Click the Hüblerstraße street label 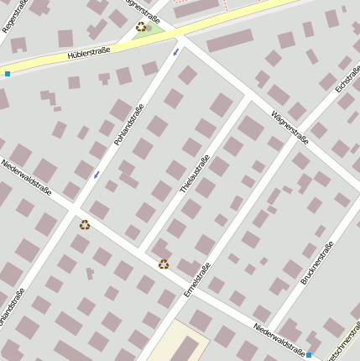94,54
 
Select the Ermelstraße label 198,280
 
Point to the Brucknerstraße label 316,263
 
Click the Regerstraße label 16,16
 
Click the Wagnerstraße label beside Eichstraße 290,127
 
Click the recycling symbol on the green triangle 140,27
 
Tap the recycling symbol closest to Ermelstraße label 164,264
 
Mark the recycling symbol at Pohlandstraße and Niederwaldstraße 85,224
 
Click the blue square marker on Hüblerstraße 8,74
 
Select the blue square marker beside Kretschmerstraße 309,355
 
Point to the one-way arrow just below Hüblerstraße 175,52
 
